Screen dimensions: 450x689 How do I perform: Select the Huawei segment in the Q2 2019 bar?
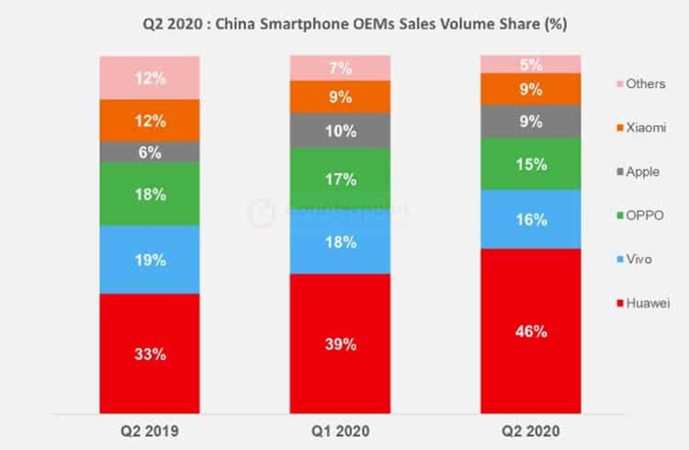click(x=149, y=353)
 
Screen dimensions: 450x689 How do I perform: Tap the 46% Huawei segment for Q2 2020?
click(x=531, y=331)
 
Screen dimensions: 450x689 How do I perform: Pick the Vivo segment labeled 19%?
click(x=149, y=259)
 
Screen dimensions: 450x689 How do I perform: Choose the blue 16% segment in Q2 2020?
click(x=531, y=219)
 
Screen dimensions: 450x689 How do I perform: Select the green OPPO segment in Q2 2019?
click(x=149, y=194)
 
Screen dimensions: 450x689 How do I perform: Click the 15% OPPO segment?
click(x=531, y=164)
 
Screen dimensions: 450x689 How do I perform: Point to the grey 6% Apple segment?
click(x=149, y=152)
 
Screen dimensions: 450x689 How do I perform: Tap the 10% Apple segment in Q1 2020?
click(x=340, y=131)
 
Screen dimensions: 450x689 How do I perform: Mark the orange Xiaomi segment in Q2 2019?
click(x=149, y=121)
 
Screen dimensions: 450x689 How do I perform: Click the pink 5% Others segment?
click(x=531, y=65)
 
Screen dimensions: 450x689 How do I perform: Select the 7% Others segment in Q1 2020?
click(x=340, y=68)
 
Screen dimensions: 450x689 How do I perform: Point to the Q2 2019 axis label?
click(x=149, y=430)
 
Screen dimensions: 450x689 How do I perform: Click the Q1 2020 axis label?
click(x=340, y=430)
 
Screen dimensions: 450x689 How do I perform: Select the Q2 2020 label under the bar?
click(x=531, y=430)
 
